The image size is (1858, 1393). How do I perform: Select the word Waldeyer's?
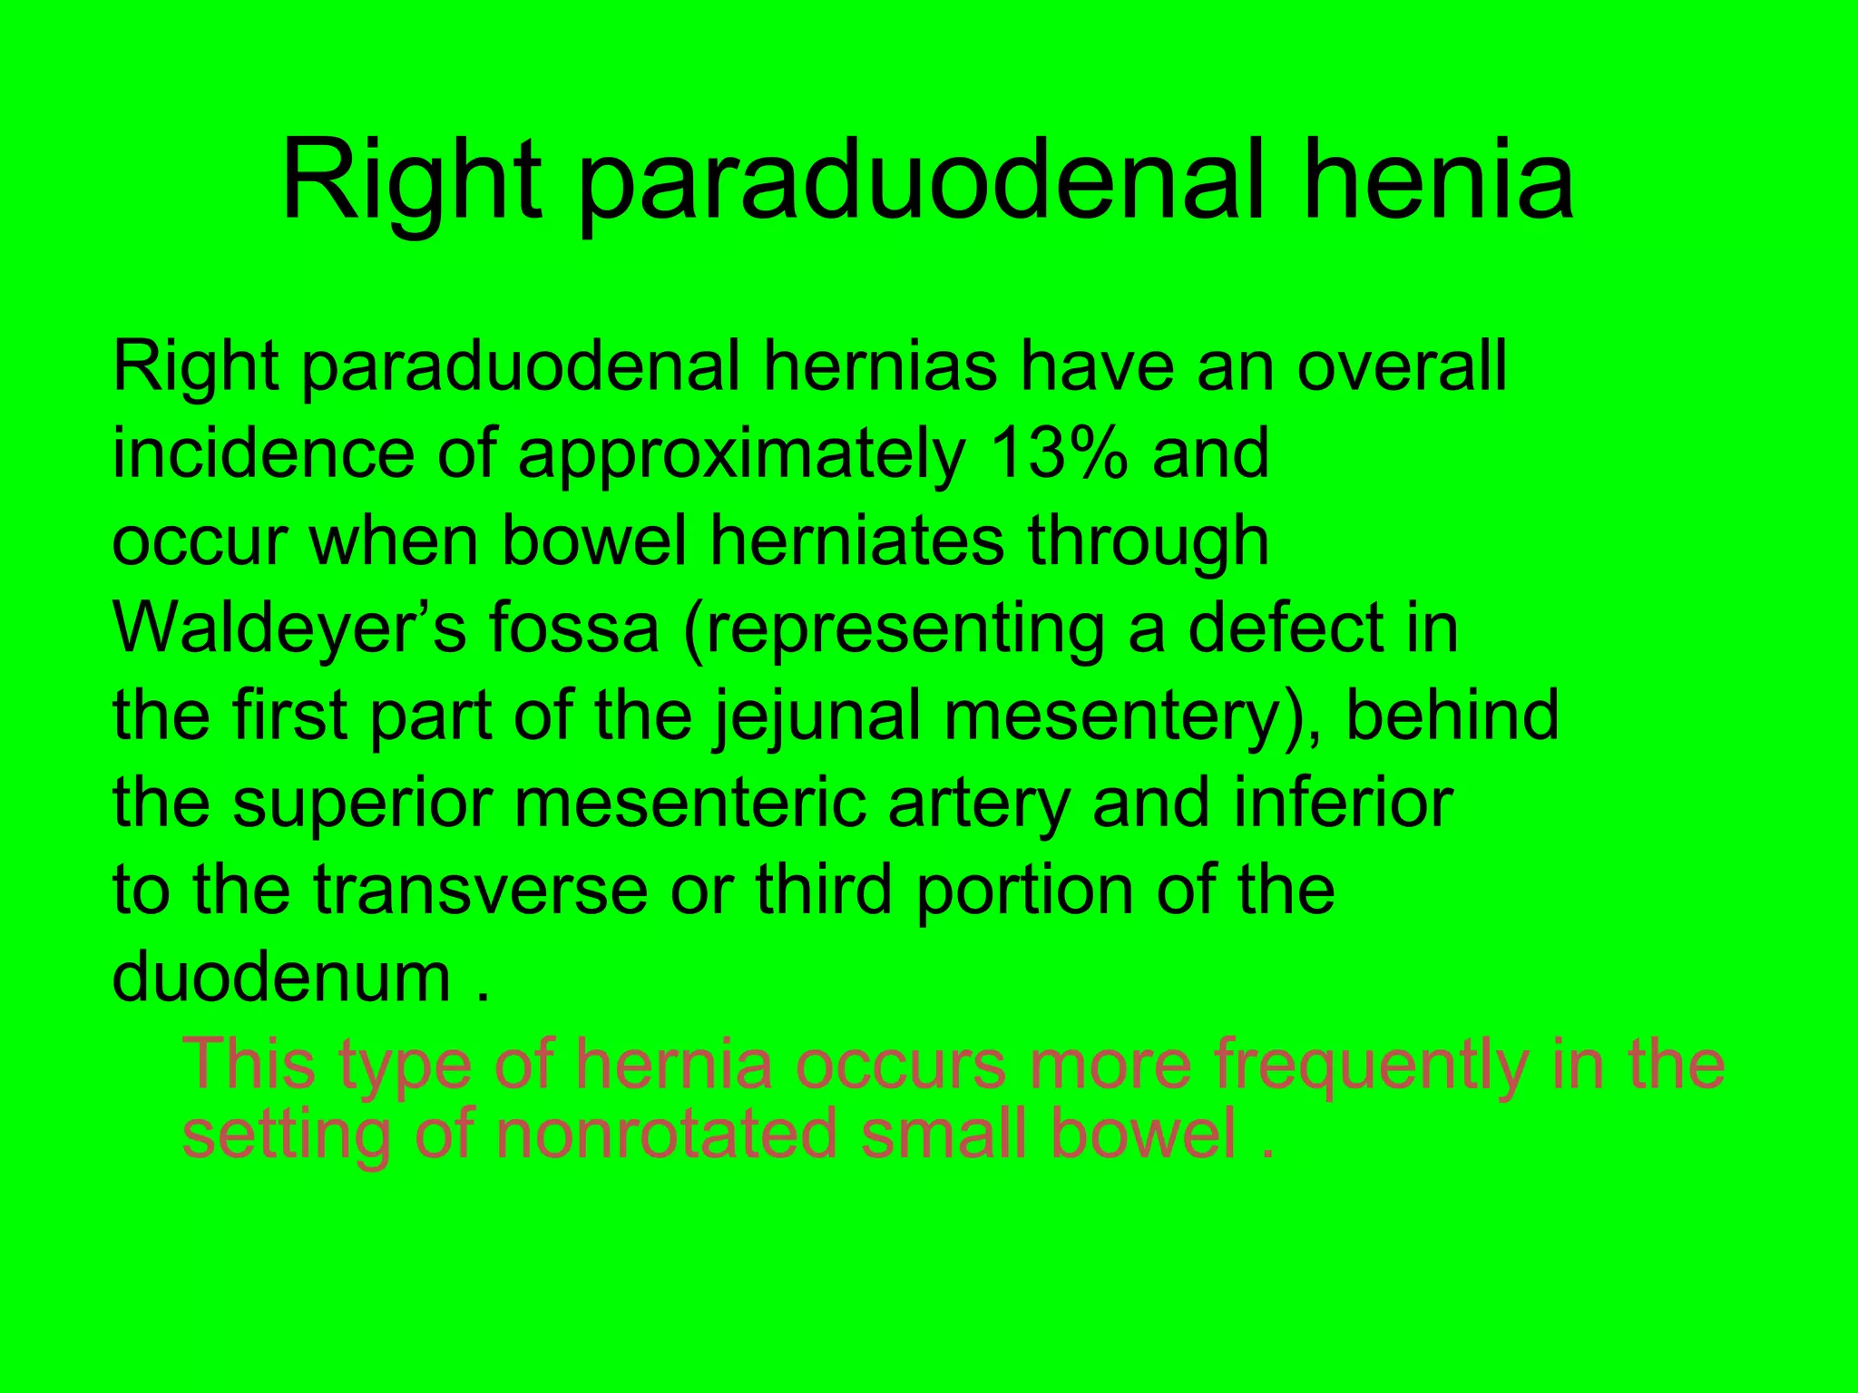click(289, 628)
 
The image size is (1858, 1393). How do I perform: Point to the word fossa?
click(574, 628)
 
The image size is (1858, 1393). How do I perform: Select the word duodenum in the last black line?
click(281, 977)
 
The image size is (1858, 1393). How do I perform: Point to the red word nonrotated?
click(667, 1134)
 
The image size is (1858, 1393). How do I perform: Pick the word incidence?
click(263, 453)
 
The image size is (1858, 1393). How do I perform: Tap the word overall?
click(1402, 365)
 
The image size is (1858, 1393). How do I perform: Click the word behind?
click(1452, 715)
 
